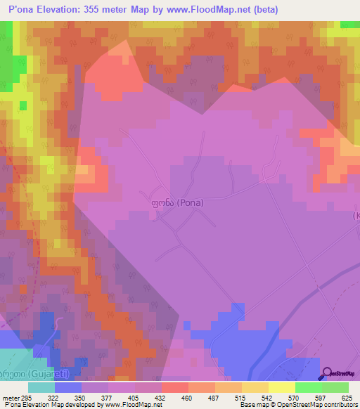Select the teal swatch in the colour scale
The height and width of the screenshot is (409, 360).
pyautogui.click(x=41, y=387)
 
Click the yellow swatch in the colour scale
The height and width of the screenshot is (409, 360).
pyautogui.click(x=281, y=387)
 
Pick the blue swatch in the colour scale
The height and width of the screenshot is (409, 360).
pyautogui.click(x=68, y=387)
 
